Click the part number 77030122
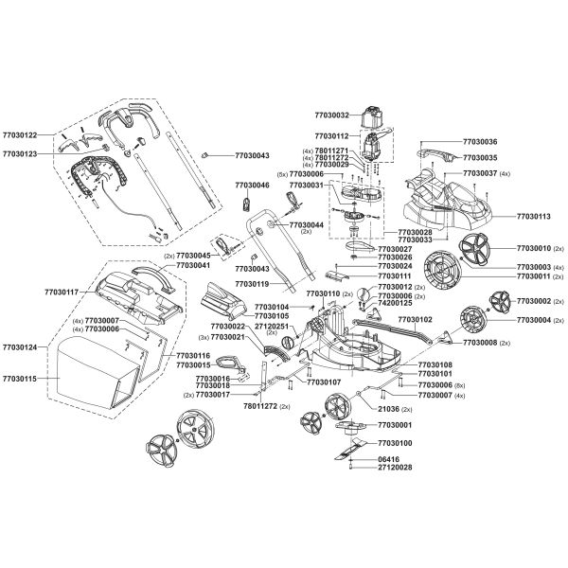pyautogui.click(x=21, y=135)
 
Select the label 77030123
pyautogui.click(x=21, y=152)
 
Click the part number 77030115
pyautogui.click(x=21, y=378)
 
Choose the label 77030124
pyautogui.click(x=21, y=347)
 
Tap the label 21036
pyautogui.click(x=388, y=407)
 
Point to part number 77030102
pyautogui.click(x=414, y=319)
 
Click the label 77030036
pyautogui.click(x=480, y=141)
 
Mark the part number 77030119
pyautogui.click(x=252, y=283)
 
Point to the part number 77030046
pyautogui.click(x=252, y=186)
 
